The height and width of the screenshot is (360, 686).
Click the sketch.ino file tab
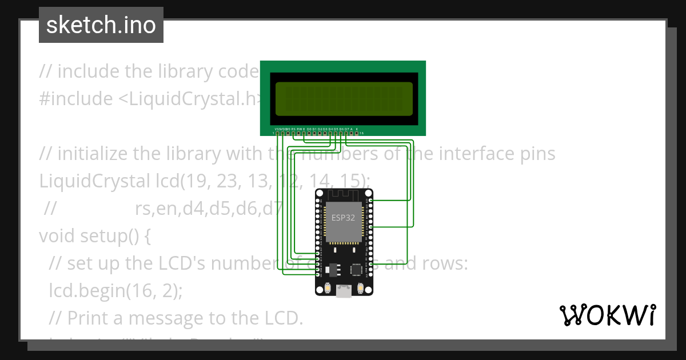click(x=101, y=25)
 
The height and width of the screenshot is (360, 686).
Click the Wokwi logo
click(x=608, y=315)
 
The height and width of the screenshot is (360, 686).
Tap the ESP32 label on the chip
click(x=344, y=218)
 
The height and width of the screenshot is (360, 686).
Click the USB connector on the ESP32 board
click(x=344, y=291)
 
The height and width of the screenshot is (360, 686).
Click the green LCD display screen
click(x=344, y=98)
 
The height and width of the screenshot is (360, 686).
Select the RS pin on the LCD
click(x=293, y=133)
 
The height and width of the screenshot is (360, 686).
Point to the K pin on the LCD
click(x=357, y=133)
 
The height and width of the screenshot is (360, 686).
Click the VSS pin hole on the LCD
click(x=277, y=133)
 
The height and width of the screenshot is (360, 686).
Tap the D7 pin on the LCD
click(x=346, y=133)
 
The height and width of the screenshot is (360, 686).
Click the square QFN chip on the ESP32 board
click(x=357, y=268)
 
